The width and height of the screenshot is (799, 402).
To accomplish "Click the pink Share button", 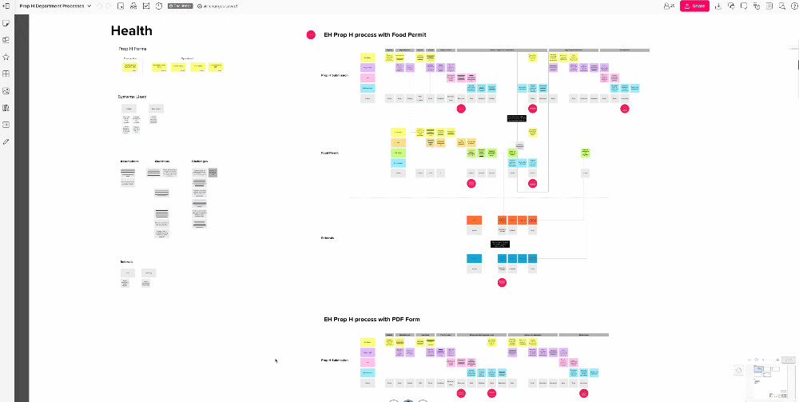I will click(x=694, y=6).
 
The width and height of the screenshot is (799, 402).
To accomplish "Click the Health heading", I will click(x=131, y=31).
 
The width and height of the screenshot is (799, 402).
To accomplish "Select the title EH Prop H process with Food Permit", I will click(x=375, y=35).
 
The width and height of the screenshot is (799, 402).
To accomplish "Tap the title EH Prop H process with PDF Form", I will click(x=372, y=319).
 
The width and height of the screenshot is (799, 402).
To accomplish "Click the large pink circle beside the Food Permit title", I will click(x=311, y=35).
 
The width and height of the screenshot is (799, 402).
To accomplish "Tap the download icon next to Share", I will click(x=718, y=6).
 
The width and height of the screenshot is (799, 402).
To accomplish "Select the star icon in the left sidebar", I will click(x=6, y=57).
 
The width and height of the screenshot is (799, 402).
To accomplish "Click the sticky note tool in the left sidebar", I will click(x=6, y=23).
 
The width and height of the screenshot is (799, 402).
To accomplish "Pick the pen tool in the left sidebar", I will click(x=6, y=141).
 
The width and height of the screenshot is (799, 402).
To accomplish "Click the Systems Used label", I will click(x=132, y=97).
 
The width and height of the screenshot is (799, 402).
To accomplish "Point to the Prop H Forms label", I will click(x=132, y=49).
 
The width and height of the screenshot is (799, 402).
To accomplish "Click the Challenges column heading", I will click(x=200, y=161).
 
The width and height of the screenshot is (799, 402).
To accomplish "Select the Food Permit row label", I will click(x=330, y=153).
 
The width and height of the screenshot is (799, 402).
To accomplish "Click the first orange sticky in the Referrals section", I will click(x=474, y=220).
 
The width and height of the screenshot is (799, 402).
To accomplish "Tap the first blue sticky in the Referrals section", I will click(x=474, y=258).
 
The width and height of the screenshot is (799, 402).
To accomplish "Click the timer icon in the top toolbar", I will click(x=159, y=6).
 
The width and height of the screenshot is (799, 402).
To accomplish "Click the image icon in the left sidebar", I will click(x=6, y=90).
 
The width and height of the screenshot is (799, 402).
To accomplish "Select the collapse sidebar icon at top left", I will click(x=6, y=6).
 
